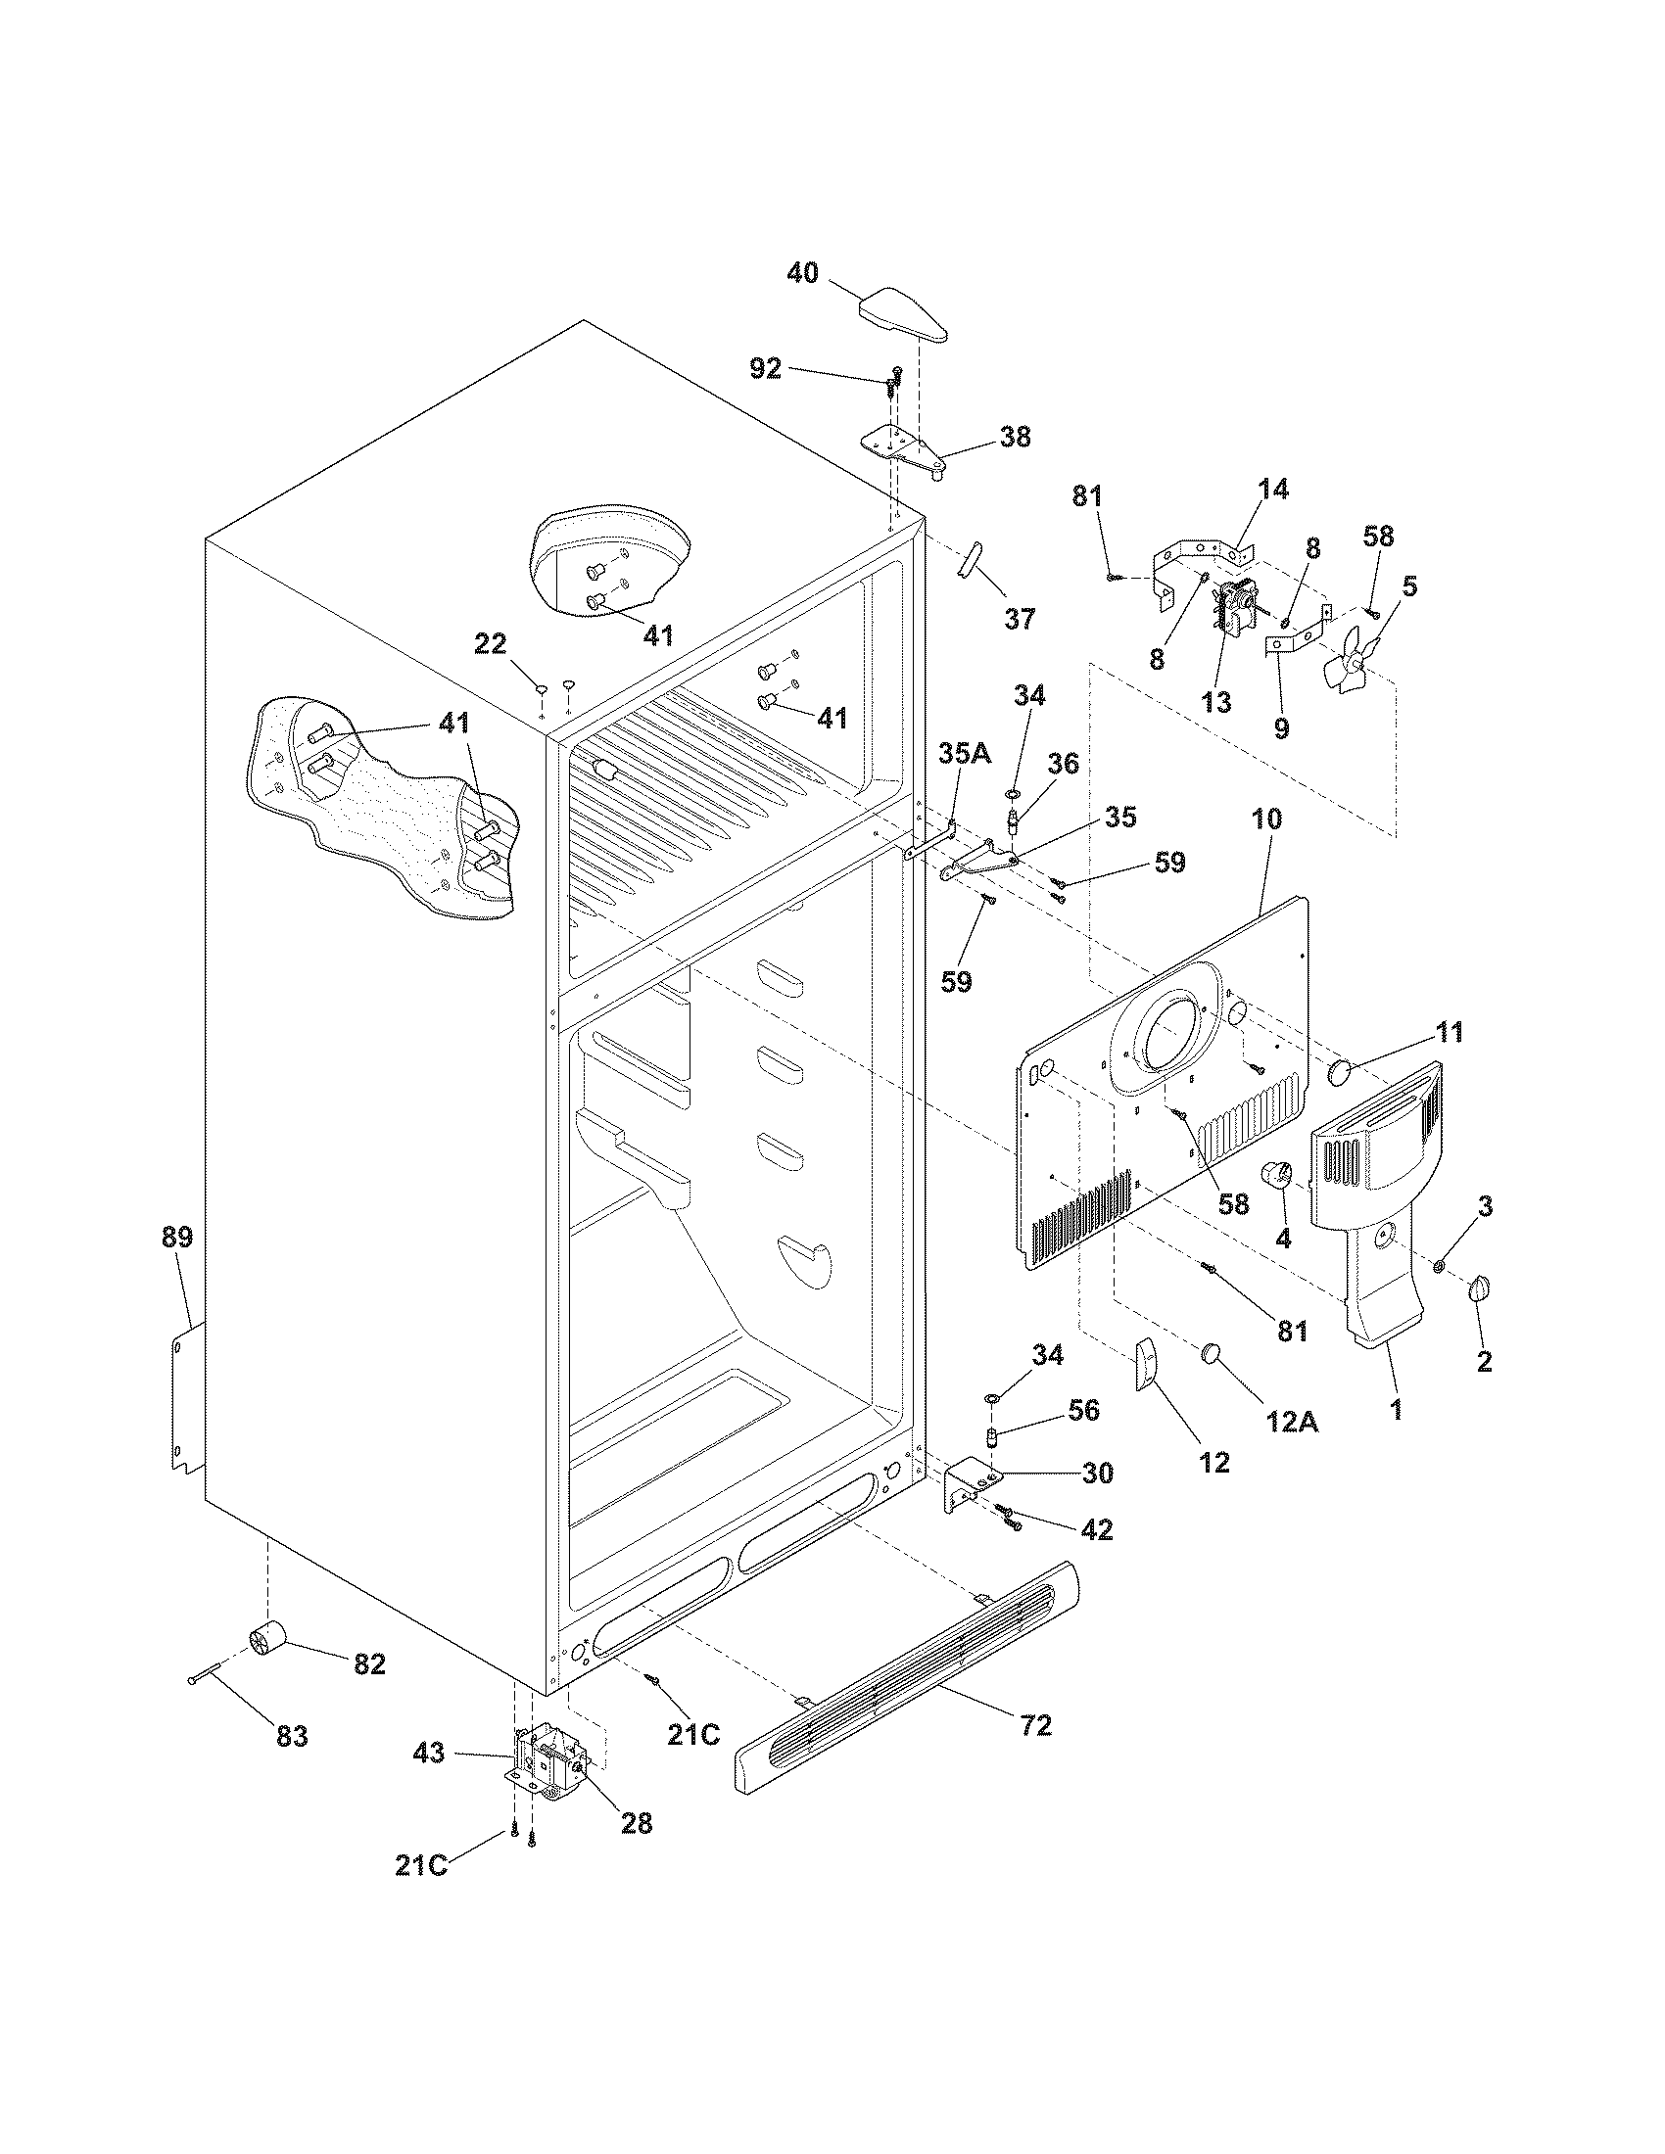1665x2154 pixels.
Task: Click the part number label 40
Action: pyautogui.click(x=802, y=273)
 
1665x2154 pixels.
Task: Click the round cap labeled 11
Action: pyautogui.click(x=1340, y=1071)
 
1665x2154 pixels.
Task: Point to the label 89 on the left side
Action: pyautogui.click(x=177, y=1237)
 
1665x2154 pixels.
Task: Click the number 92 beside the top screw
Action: pyautogui.click(x=766, y=368)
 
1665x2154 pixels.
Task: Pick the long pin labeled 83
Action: pyautogui.click(x=215, y=1672)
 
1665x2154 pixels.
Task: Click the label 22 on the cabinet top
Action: pyautogui.click(x=491, y=644)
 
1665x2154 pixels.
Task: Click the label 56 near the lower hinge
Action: pyautogui.click(x=1083, y=1410)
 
